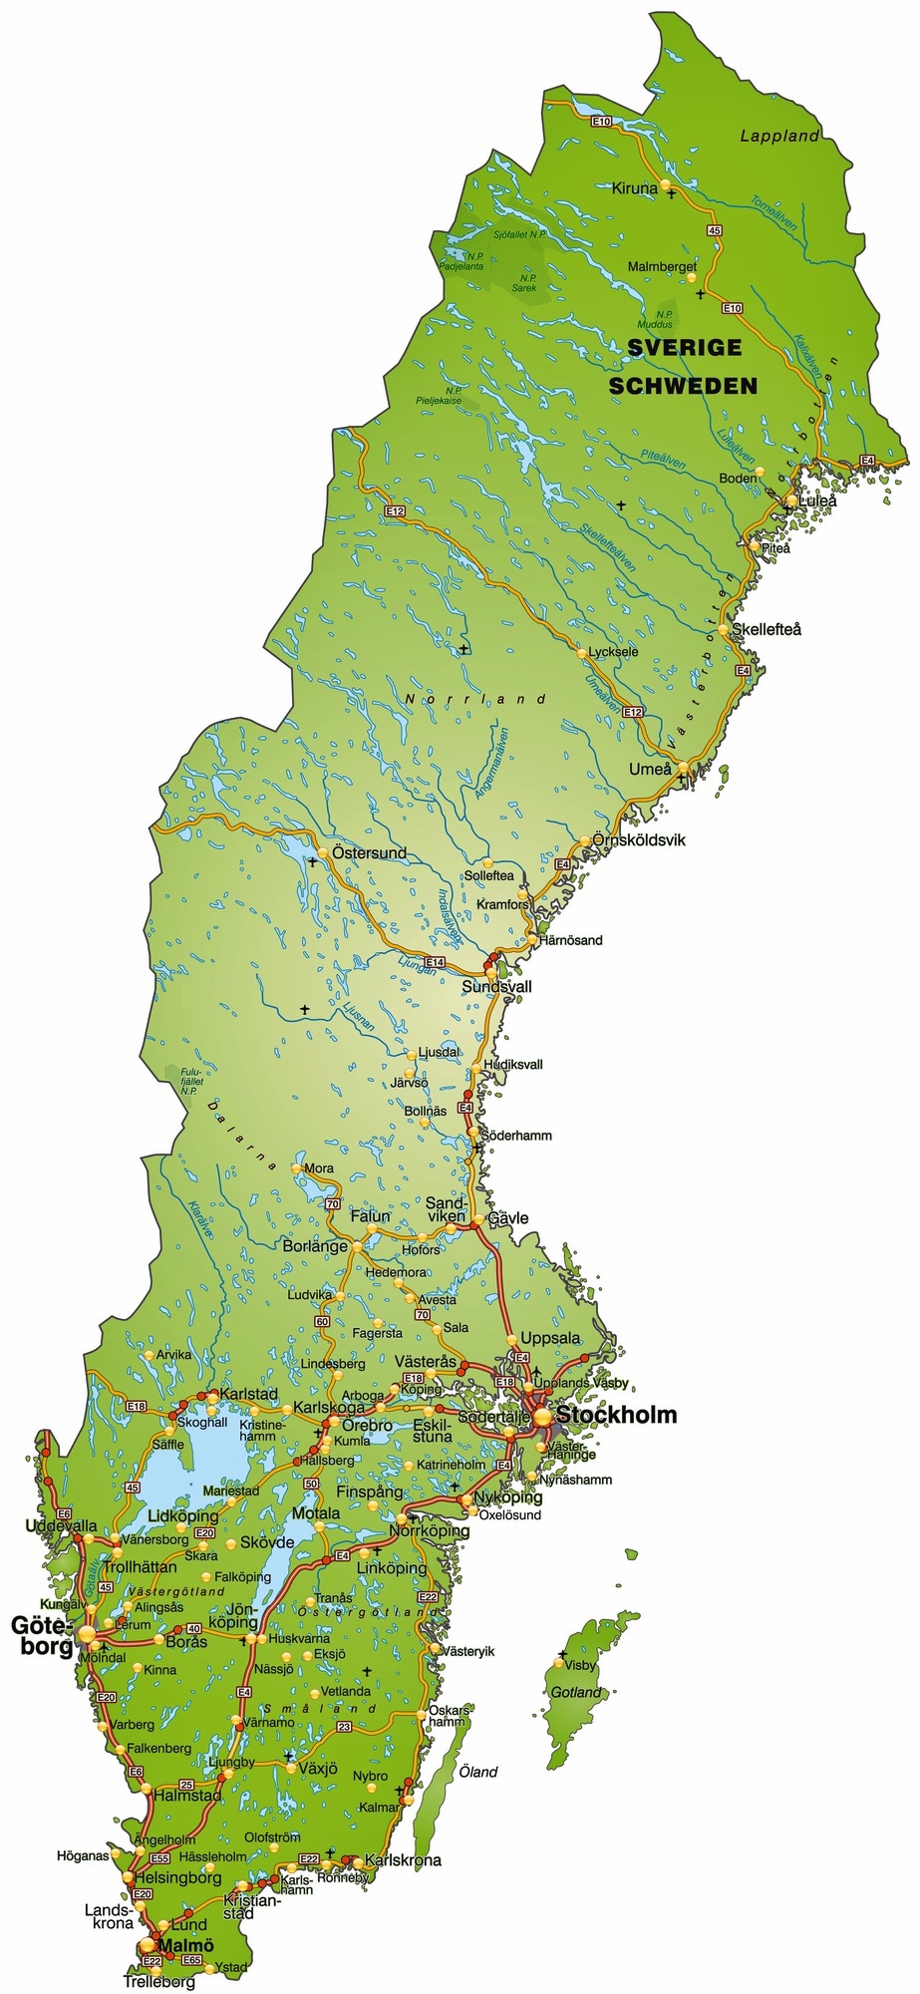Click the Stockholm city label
pos(616,1415)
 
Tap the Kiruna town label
pos(634,187)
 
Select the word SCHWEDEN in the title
pos(683,386)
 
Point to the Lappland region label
pos(779,137)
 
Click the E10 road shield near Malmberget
pos(733,308)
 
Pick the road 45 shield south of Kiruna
pos(714,230)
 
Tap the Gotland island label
pos(576,1692)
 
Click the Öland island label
pos(477,1772)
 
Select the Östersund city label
pos(369,853)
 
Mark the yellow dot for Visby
pos(558,1662)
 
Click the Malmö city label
pos(186,1945)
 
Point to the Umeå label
pos(650,769)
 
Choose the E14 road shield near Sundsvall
pos(435,962)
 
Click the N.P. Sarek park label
pos(523,283)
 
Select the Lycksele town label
pos(613,652)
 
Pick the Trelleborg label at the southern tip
pos(159,1982)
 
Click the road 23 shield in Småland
pos(344,1726)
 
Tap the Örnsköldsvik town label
pos(639,839)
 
